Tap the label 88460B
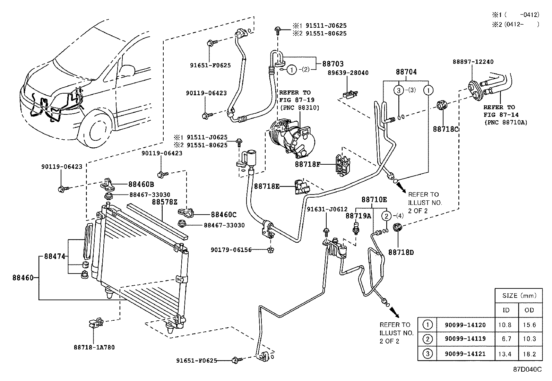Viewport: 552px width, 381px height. click(141, 184)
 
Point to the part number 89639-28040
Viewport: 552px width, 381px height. click(348, 73)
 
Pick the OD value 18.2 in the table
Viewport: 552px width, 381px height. click(529, 354)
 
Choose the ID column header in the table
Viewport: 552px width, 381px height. click(506, 310)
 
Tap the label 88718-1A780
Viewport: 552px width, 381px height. click(94, 347)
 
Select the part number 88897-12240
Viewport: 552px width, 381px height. click(473, 62)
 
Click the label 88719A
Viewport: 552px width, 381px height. click(358, 216)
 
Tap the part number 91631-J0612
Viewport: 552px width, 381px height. click(327, 209)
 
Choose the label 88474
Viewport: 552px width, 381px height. click(54, 257)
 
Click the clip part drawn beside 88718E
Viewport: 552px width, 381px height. click(300, 187)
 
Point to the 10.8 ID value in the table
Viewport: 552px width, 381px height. click(506, 325)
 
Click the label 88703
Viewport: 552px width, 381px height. click(333, 64)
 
